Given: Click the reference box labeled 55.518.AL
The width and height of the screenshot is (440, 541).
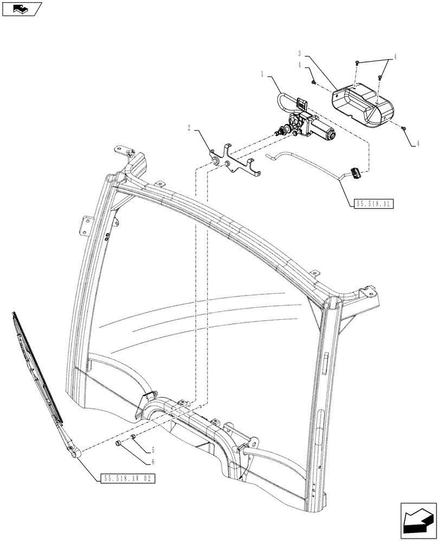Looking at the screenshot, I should tap(373, 204).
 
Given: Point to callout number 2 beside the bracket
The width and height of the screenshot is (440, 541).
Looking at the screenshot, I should tap(189, 129).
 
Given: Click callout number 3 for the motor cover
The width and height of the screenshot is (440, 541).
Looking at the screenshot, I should tap(299, 54).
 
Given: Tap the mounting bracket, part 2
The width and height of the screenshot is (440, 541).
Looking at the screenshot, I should tap(234, 162).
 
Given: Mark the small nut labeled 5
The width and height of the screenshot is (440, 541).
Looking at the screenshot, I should tap(133, 437).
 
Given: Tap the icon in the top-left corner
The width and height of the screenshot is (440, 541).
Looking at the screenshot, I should tap(22, 9).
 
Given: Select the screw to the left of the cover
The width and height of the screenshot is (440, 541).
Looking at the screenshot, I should tap(314, 82).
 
